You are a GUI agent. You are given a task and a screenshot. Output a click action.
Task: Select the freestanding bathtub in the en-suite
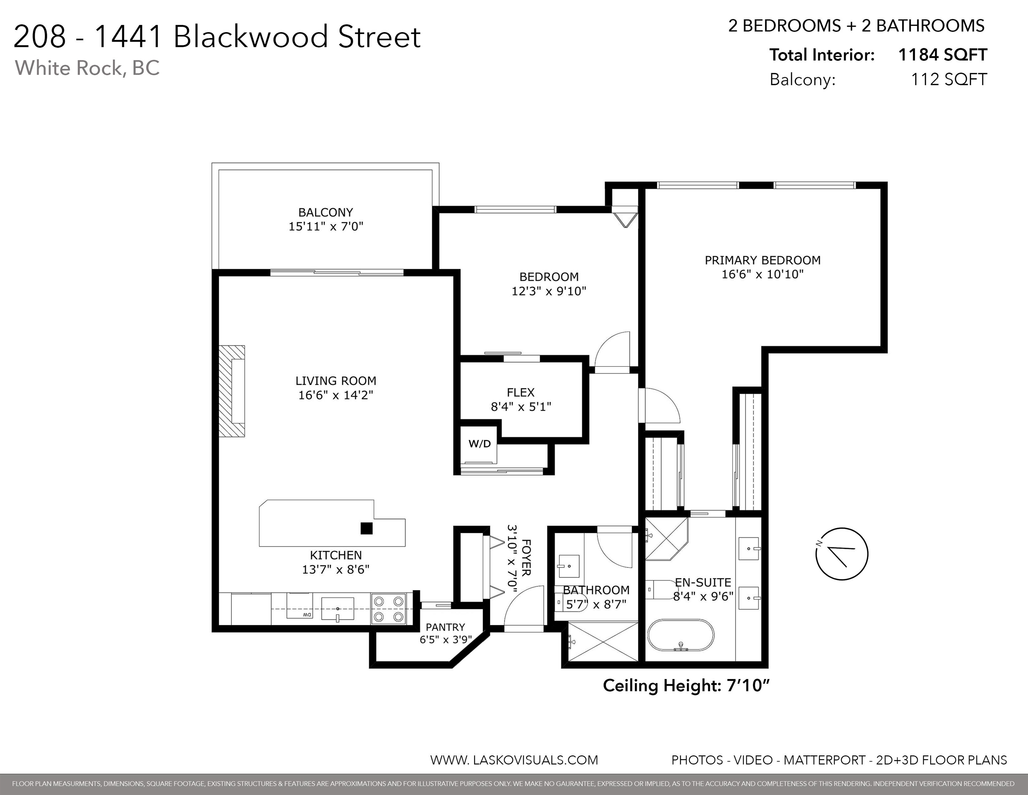tap(681, 635)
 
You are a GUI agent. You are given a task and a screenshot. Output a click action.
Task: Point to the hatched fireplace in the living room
tap(232, 391)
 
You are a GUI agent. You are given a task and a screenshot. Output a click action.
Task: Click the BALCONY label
tap(326, 213)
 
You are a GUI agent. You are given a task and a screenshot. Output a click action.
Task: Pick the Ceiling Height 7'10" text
tap(686, 686)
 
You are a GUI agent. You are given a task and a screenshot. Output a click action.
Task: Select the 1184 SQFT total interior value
tap(942, 55)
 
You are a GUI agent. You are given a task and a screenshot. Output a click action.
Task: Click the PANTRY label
tap(445, 627)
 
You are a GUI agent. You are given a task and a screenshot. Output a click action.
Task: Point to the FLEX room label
tap(521, 392)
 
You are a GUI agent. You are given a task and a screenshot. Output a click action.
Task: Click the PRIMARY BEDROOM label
tap(762, 260)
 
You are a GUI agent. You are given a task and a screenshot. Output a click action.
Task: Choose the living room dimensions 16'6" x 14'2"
tap(336, 395)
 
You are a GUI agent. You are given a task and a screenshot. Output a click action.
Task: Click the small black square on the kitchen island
tap(367, 528)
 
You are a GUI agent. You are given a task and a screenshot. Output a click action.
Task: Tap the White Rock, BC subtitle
tap(88, 68)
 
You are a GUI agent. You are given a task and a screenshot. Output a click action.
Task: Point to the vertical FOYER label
tap(526, 558)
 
